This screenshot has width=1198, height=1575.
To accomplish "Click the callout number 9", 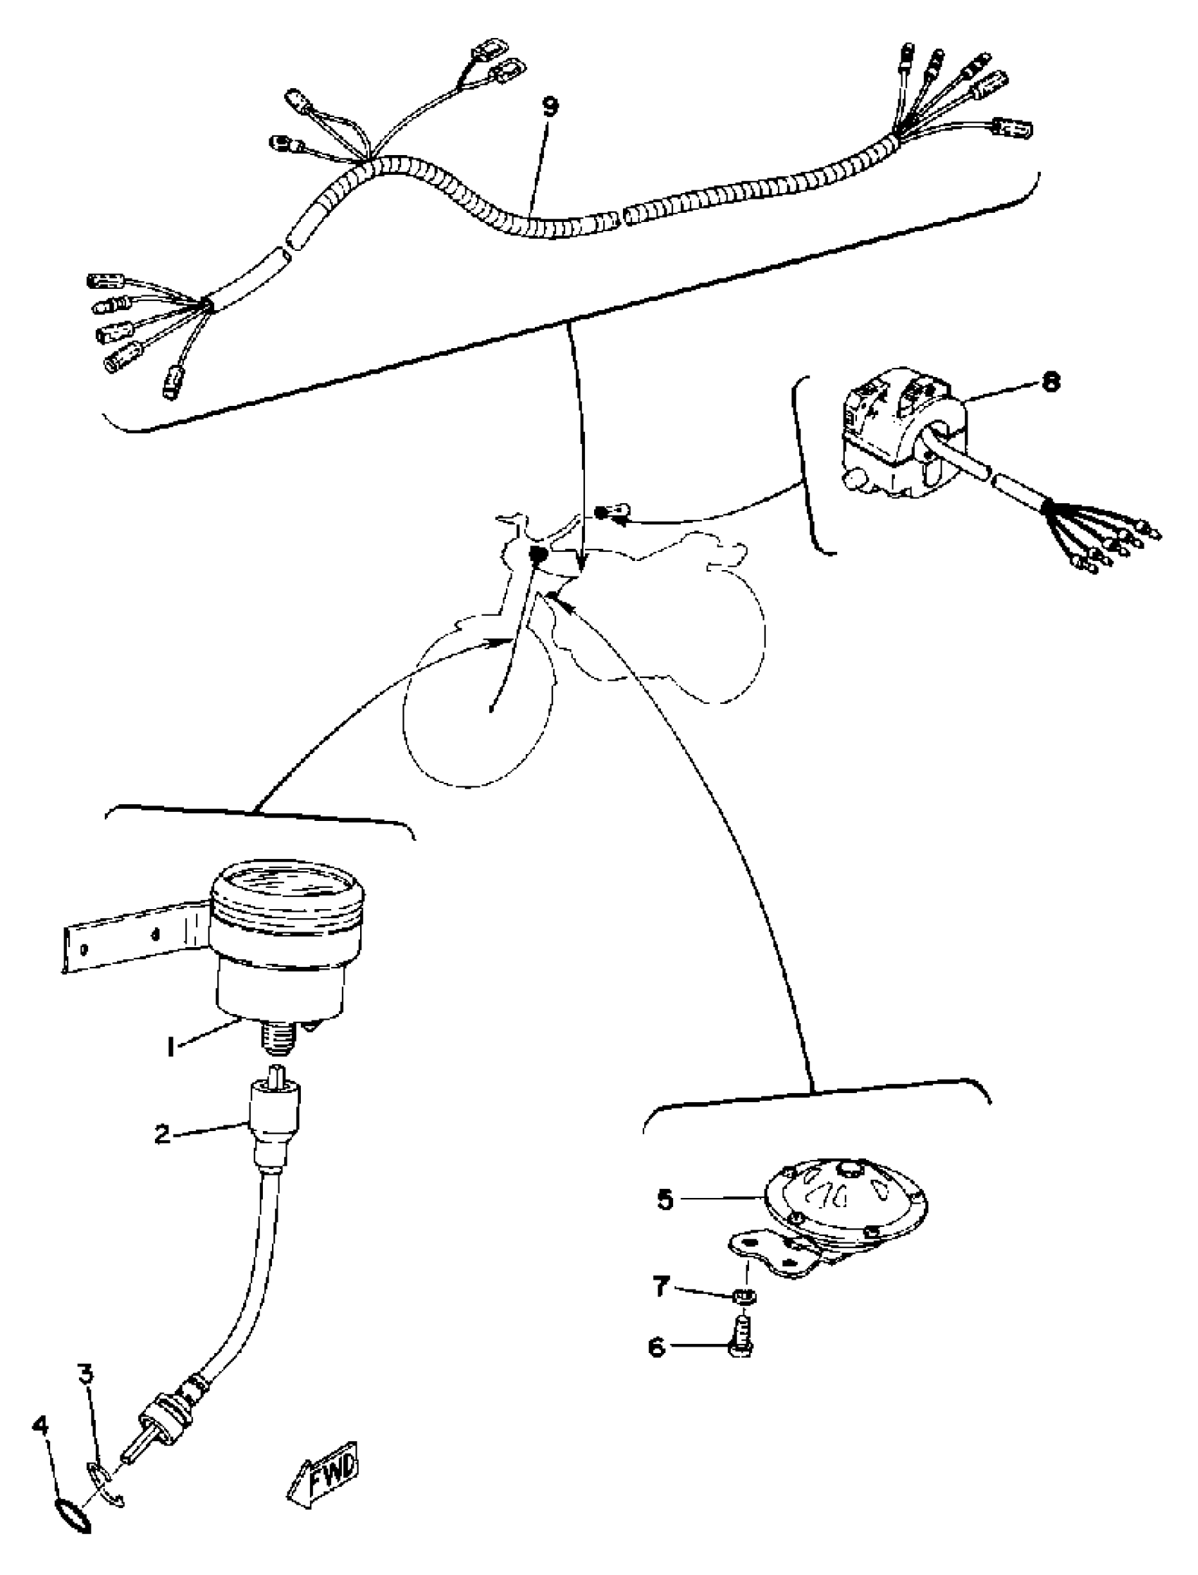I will [550, 107].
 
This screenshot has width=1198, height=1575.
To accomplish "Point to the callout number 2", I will [163, 1134].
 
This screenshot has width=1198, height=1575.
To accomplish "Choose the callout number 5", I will [665, 1199].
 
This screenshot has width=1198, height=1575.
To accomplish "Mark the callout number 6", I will [656, 1347].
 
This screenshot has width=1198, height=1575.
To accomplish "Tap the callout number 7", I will [660, 1287].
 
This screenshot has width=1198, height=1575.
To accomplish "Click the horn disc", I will [845, 1198].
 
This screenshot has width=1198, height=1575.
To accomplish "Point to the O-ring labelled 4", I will [72, 1512].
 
